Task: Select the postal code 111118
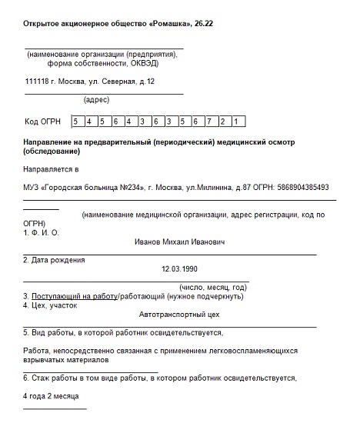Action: tap(38, 81)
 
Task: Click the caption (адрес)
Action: tap(96, 99)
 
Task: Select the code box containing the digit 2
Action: tap(224, 122)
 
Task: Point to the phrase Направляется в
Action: tap(51, 168)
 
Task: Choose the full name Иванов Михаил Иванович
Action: tap(179, 241)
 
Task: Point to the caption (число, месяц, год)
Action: tap(213, 286)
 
